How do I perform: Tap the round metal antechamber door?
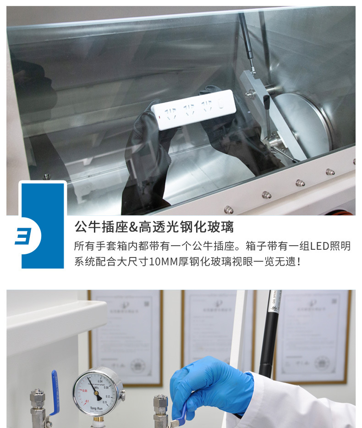[302, 121]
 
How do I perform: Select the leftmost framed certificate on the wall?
[126, 337]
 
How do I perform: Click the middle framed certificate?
[215, 330]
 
